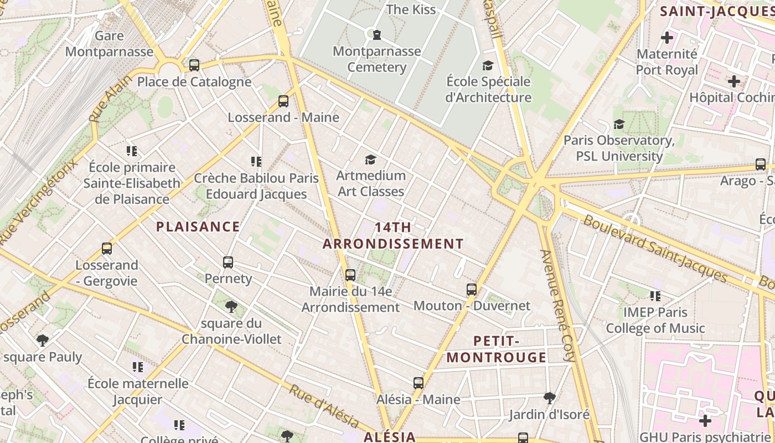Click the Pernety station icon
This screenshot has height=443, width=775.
(228, 262)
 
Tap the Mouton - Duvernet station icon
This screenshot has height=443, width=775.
(472, 290)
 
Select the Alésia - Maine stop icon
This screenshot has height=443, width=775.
(418, 383)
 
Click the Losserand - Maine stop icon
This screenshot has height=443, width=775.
(283, 101)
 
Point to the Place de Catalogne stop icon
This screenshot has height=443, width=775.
(194, 65)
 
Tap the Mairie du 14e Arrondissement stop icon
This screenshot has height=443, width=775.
(350, 275)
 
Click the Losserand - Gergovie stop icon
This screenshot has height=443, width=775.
(107, 249)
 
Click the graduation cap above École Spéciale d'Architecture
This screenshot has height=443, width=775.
(488, 66)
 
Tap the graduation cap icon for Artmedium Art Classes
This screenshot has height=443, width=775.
(371, 160)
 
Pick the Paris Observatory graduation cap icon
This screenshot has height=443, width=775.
(619, 125)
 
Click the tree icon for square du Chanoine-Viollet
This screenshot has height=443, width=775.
(231, 307)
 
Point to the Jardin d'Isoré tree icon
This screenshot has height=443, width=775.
(549, 398)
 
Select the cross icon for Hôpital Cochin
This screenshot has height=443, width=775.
(734, 81)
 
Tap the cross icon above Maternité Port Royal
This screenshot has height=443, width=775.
(667, 38)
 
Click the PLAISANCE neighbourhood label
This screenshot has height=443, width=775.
(198, 226)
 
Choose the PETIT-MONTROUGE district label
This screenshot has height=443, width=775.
(497, 349)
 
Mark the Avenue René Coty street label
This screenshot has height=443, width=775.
(559, 306)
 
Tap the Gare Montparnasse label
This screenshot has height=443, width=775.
(109, 44)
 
